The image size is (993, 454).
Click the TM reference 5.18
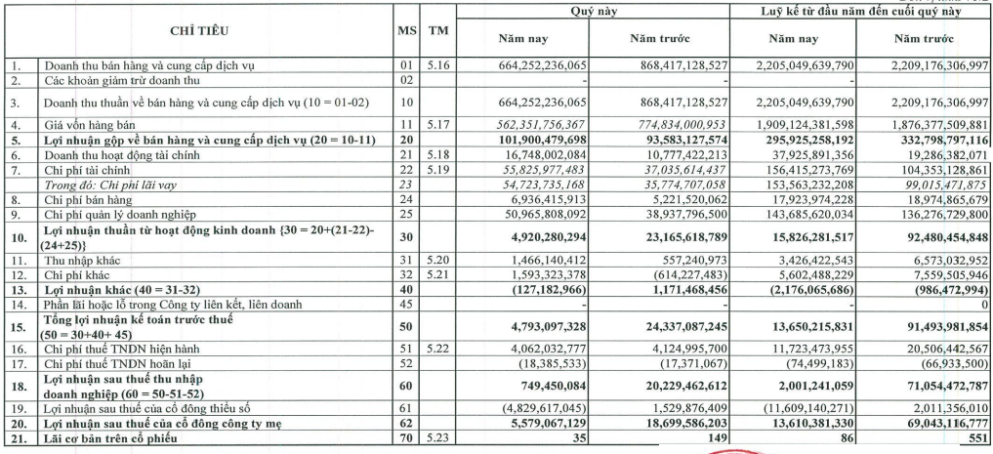(x=438, y=154)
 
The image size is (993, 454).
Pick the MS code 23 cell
(x=407, y=184)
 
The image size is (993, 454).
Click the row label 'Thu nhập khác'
(x=78, y=261)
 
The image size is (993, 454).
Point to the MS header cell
(x=407, y=31)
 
